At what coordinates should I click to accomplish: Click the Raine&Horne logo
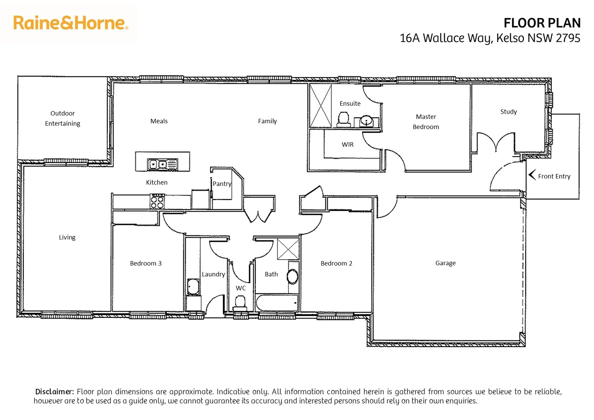tap(70, 23)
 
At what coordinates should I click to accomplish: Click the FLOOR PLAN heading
tap(542, 23)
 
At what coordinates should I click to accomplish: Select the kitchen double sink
tap(162, 164)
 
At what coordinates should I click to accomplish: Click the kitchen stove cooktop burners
tap(157, 201)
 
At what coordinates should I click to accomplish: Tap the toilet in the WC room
tap(240, 302)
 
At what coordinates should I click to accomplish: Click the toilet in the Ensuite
tap(343, 118)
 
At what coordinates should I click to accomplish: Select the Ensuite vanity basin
tap(366, 121)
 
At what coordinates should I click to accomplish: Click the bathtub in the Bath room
tap(277, 303)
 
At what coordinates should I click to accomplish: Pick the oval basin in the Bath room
tap(292, 276)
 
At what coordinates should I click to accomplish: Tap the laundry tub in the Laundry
tap(193, 287)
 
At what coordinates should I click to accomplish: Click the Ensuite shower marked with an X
tap(321, 106)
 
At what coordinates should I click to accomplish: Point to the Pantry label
tap(222, 184)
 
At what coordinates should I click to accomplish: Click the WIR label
tap(348, 144)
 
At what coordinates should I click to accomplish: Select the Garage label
tap(445, 263)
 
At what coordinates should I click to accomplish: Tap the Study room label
tap(508, 112)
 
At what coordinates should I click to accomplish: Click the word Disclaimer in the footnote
tap(54, 392)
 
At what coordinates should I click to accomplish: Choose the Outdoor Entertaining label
tap(63, 118)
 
